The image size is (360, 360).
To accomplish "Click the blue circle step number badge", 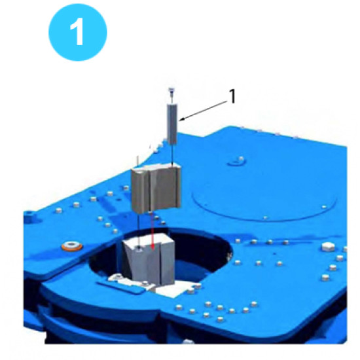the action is pos(78,32).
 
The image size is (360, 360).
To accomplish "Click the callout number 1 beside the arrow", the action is pos(232,96).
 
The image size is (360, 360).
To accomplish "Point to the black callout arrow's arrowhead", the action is pos(181,119).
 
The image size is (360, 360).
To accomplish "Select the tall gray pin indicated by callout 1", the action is pos(172,124).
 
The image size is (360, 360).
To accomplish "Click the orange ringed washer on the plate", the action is pos(72,246).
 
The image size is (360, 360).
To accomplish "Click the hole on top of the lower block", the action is pos(139,249).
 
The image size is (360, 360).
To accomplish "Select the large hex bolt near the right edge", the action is pos(328,247).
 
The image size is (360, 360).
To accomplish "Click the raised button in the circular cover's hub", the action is pos(241,158).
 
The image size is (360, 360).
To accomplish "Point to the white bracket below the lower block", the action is pos(128,282).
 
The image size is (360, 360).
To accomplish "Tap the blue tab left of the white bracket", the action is pos(121,288).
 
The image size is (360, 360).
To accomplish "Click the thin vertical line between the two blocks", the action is pos(139,230).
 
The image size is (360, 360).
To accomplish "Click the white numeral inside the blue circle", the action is pos(77,33).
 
